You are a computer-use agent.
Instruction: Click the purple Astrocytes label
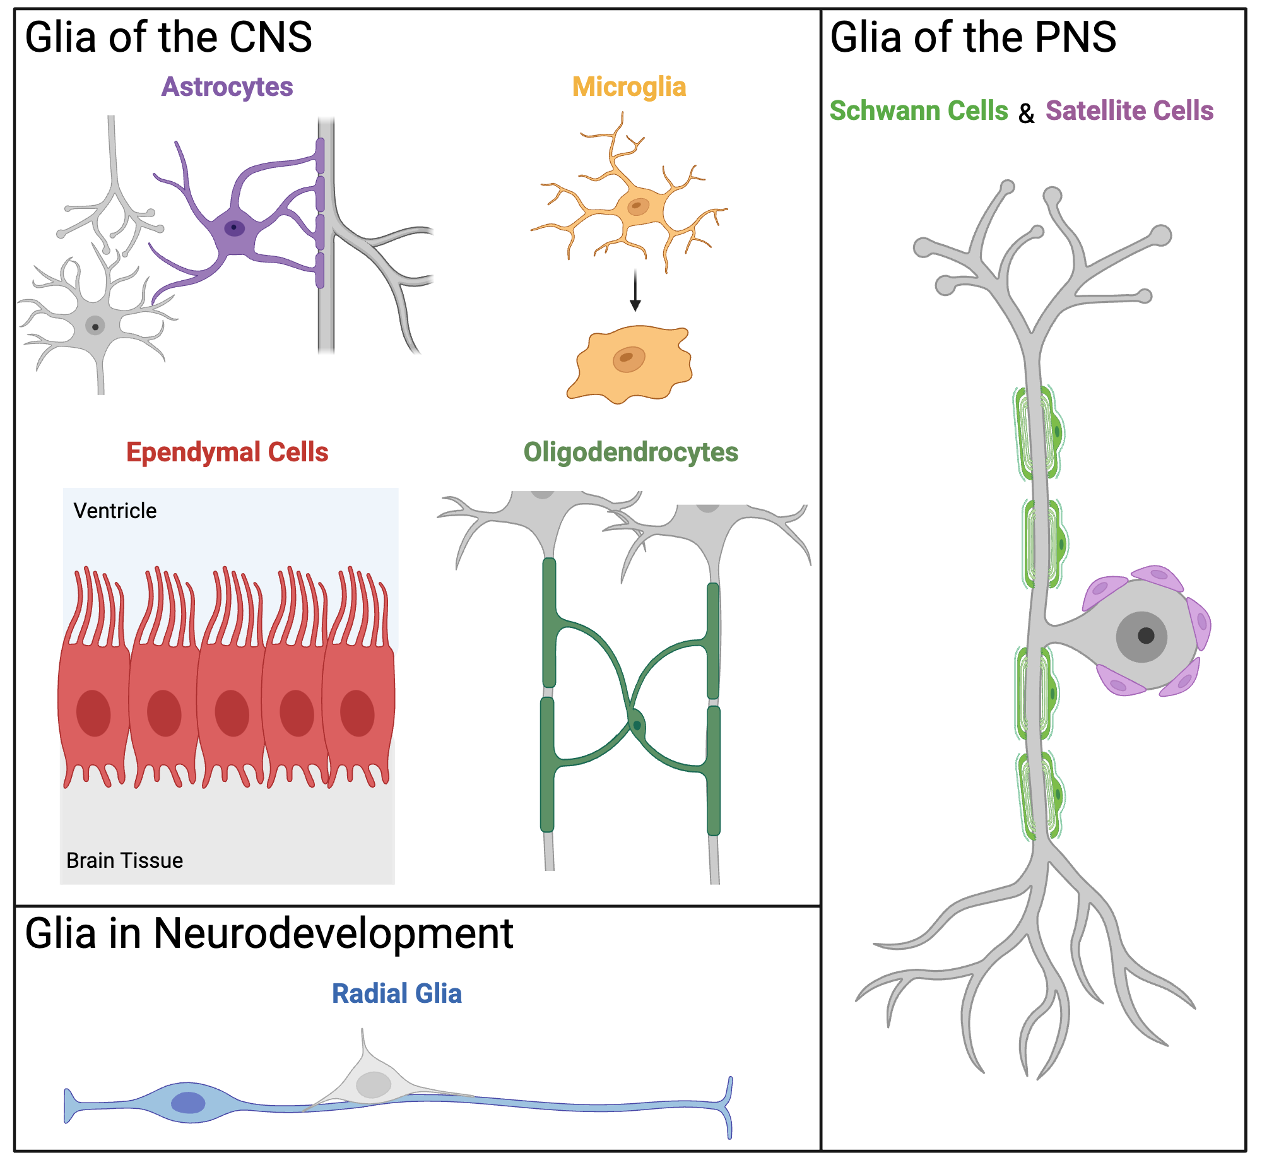coord(227,87)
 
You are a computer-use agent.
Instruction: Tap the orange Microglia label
coord(629,87)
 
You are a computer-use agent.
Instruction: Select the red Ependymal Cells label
coord(227,453)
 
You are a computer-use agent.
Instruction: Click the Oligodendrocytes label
coord(631,453)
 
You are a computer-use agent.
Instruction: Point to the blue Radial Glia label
coord(397,994)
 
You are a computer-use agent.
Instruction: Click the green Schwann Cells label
coord(919,111)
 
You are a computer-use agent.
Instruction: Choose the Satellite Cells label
coord(1129,111)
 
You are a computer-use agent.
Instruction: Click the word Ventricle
coord(115,511)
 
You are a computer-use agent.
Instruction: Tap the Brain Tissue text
coord(124,861)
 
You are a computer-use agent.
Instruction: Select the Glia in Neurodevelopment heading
coord(269,933)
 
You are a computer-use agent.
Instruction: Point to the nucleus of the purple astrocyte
coord(234,227)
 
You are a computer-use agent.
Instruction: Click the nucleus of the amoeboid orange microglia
coord(628,360)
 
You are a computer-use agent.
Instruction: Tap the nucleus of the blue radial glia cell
coord(188,1103)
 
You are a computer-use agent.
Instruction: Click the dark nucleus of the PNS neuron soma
coord(1146,636)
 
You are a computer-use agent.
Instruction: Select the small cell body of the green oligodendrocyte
coord(637,725)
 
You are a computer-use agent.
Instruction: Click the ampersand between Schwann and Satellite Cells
coord(1027,114)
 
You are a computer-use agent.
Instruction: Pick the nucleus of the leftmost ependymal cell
coord(93,713)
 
